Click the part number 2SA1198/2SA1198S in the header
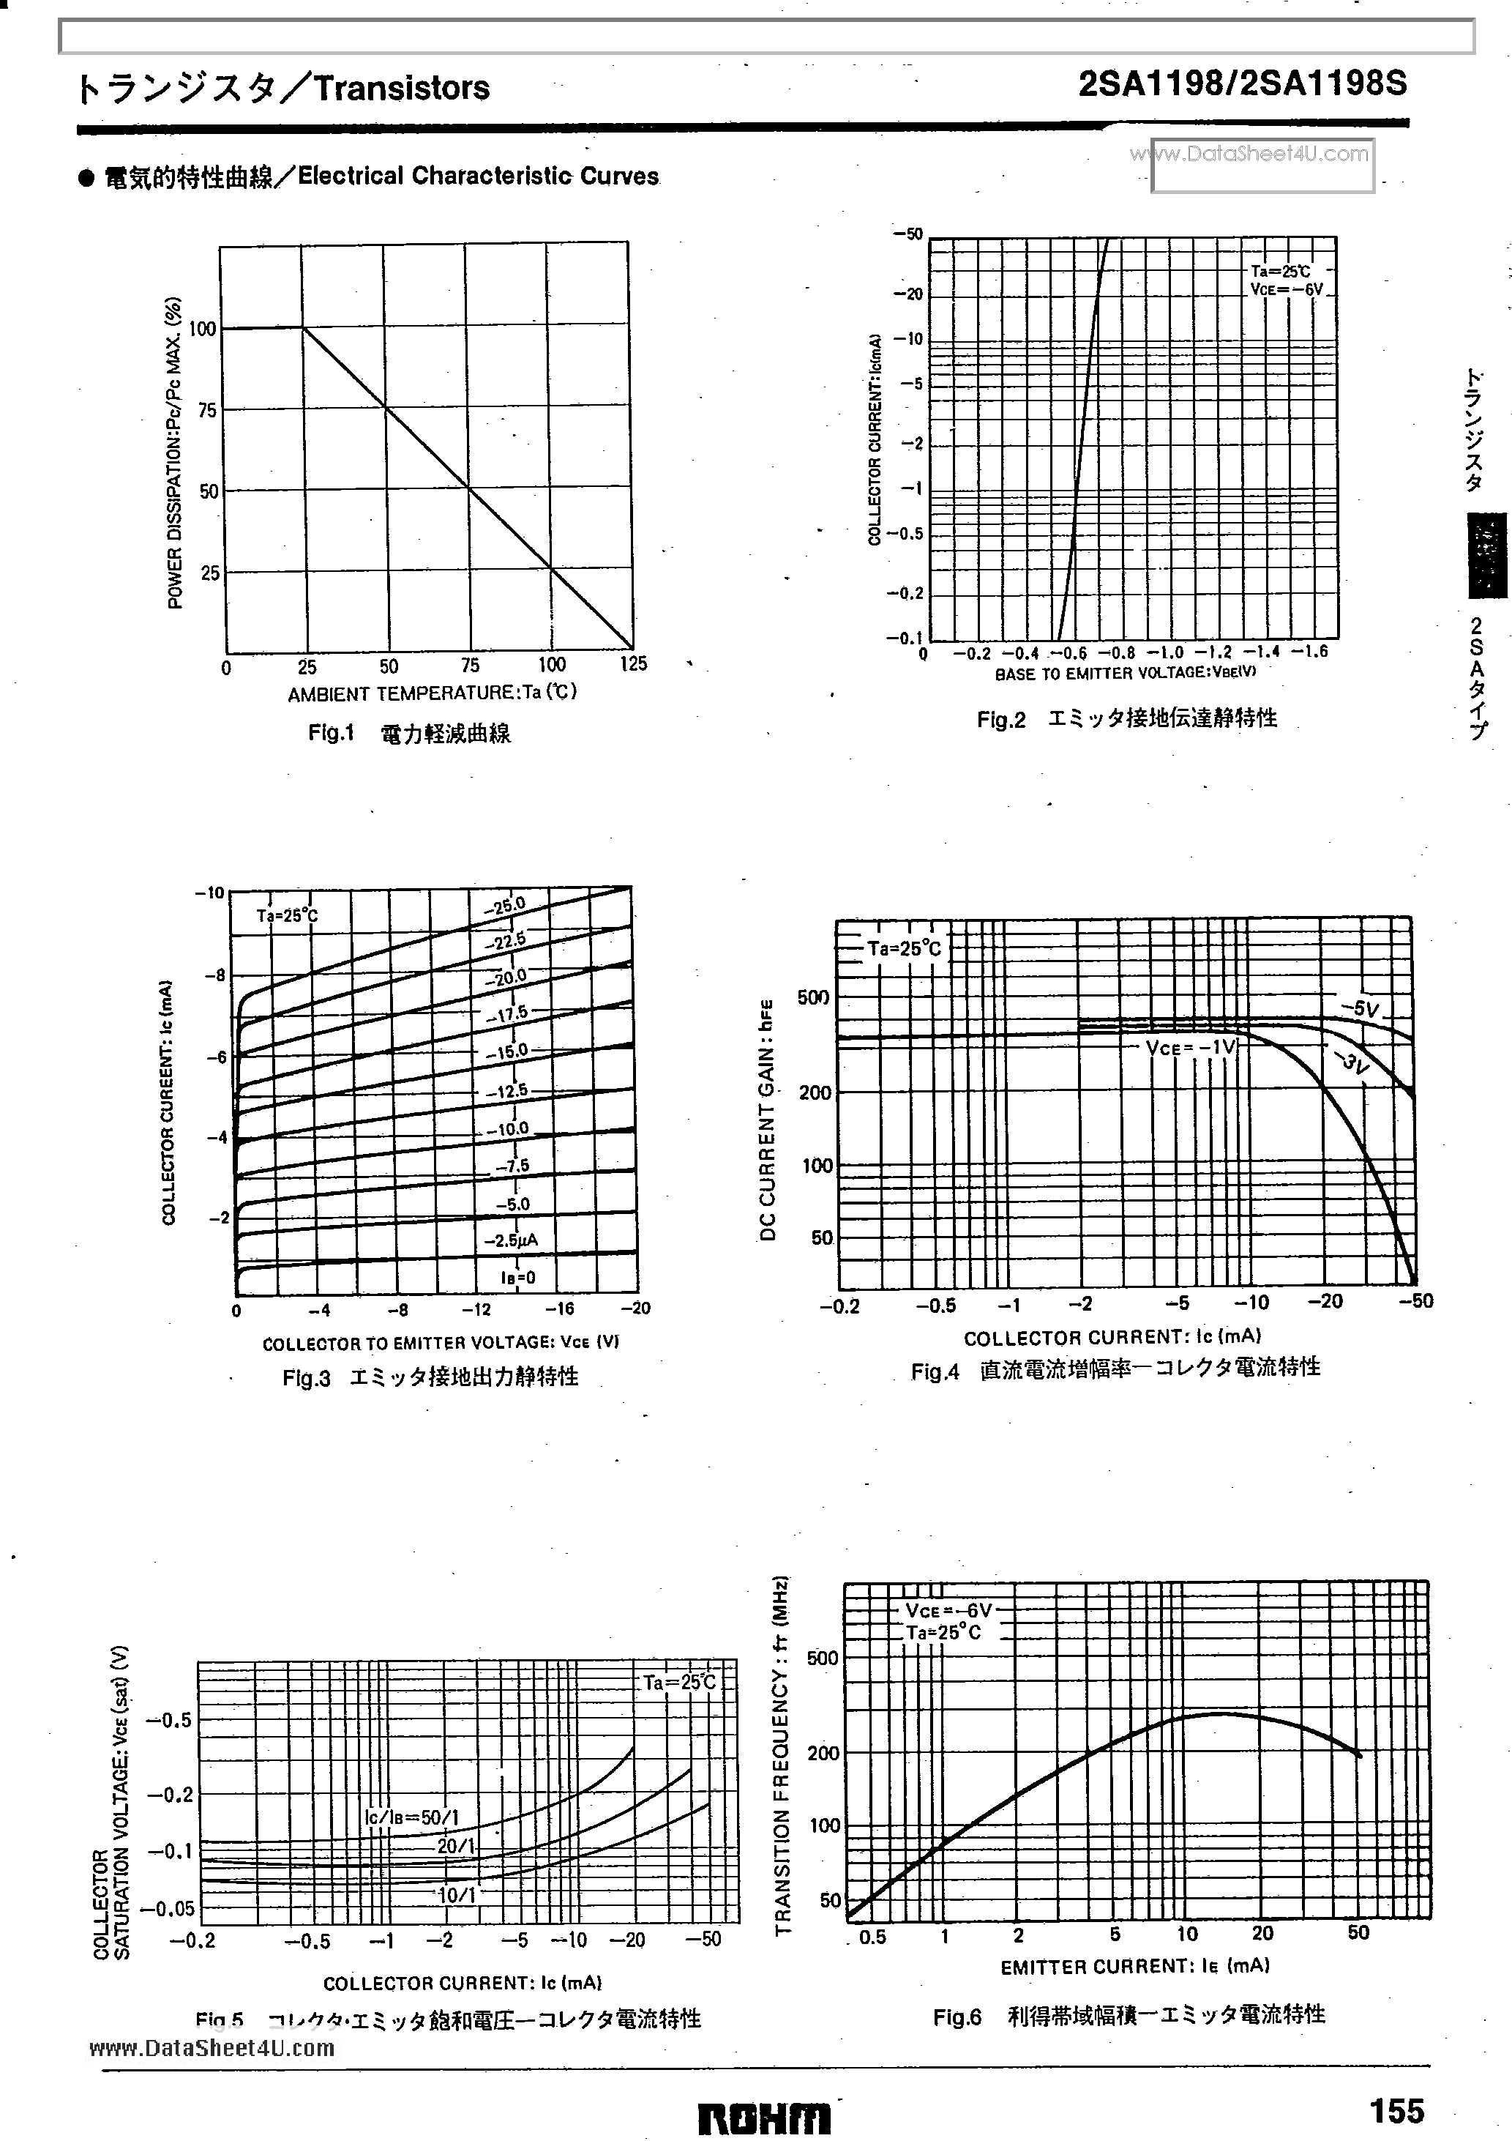1243,86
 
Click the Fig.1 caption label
332,733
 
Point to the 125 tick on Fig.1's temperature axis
633,665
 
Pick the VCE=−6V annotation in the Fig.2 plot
1287,290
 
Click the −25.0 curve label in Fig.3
504,904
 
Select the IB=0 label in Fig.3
517,1278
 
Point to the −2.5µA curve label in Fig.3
510,1241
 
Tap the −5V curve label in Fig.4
1359,1008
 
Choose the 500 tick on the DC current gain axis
813,998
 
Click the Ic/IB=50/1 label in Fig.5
412,1817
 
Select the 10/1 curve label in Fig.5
457,1895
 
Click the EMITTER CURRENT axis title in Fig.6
1134,1966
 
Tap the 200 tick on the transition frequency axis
823,1753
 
